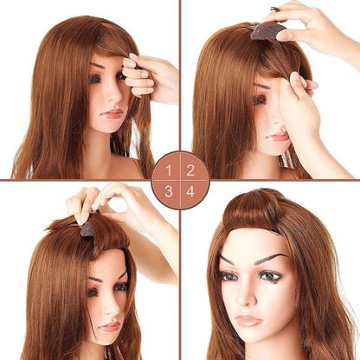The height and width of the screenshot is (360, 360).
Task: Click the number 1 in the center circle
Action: coord(170,170)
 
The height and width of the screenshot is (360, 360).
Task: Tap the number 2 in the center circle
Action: coord(191,170)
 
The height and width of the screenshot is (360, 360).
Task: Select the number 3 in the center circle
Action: coord(170,191)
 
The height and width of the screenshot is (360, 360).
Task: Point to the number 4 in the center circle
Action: coord(191,191)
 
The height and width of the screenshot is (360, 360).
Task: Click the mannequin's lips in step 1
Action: coord(112,113)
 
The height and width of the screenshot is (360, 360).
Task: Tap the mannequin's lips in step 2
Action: coord(278,136)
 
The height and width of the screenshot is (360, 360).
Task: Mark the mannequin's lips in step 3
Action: coord(110,326)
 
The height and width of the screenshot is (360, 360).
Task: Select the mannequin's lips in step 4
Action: coord(249,320)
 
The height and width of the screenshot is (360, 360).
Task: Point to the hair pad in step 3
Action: coord(87,229)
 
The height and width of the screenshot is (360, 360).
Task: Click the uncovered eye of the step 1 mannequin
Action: coord(95,79)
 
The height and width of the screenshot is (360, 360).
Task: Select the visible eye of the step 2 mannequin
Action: coord(260,100)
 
